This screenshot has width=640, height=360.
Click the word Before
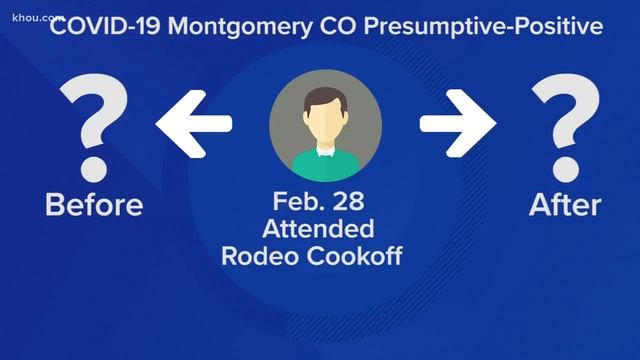94,206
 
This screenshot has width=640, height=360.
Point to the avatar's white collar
324,150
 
